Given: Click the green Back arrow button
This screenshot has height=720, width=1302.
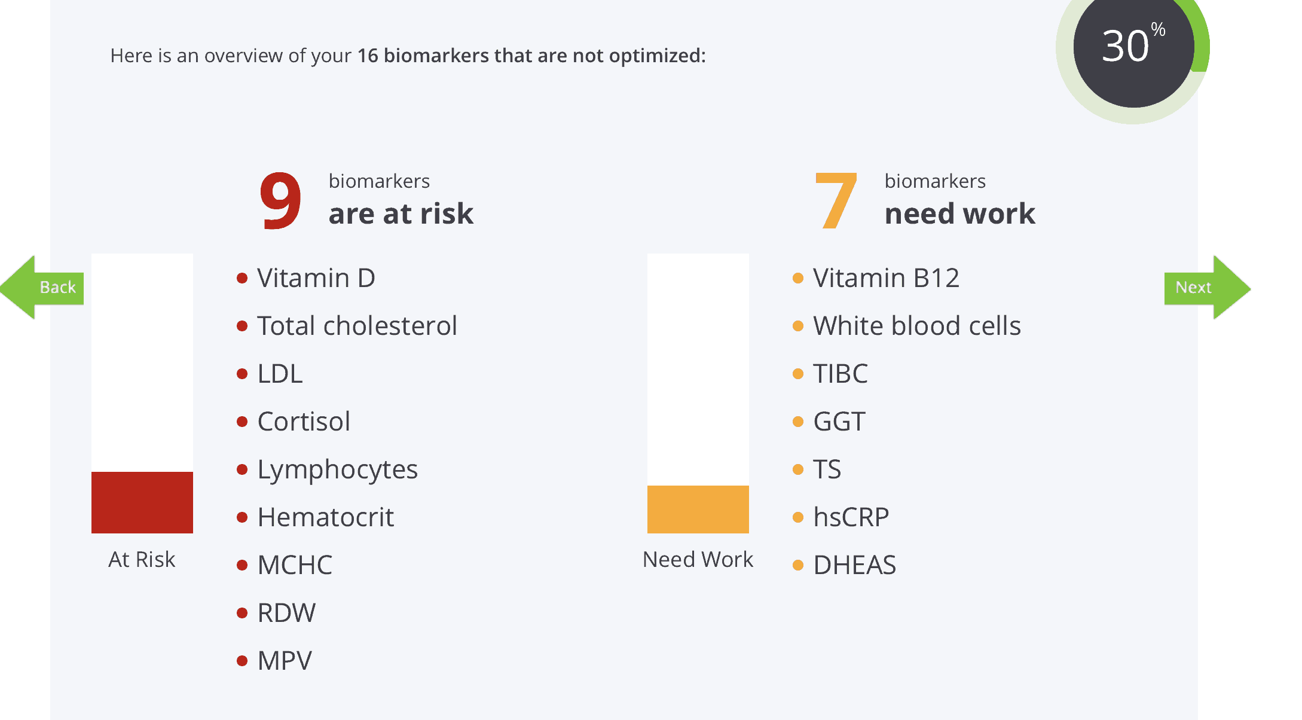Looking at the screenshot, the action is [x=42, y=288].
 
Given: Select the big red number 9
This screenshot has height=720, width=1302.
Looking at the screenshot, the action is [x=280, y=200].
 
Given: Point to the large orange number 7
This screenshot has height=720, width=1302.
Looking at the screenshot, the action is [x=836, y=200].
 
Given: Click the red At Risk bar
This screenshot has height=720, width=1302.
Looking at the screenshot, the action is [x=142, y=502].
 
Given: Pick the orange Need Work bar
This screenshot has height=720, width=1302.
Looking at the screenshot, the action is [x=698, y=510].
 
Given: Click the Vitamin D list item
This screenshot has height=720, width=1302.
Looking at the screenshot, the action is [x=316, y=278].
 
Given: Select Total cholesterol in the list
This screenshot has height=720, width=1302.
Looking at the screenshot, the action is [x=357, y=326].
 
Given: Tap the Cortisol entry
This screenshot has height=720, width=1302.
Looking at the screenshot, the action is [x=304, y=422].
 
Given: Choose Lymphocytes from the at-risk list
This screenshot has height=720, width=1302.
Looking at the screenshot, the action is [x=337, y=470].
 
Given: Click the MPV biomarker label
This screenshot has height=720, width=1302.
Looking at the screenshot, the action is [x=285, y=661].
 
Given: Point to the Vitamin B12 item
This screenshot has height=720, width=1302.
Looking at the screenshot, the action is [x=886, y=278].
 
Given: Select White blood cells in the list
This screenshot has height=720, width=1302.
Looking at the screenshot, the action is [x=917, y=326].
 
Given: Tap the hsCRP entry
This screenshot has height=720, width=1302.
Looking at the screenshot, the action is [x=851, y=517].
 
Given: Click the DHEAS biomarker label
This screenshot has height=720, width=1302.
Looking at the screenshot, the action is [x=855, y=565].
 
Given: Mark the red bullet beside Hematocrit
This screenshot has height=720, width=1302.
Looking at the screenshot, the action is [x=242, y=517].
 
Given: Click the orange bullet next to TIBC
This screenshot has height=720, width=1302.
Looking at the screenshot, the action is [x=798, y=374].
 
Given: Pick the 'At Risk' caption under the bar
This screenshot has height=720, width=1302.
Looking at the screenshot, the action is [x=142, y=560].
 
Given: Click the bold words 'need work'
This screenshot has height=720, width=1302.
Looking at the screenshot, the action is [x=960, y=213].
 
